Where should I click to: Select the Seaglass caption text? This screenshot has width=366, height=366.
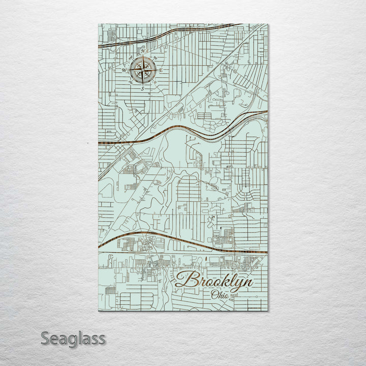coord(73,338)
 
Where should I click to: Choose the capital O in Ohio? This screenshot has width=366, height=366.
coord(214,294)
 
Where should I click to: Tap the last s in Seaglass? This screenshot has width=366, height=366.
coord(102,339)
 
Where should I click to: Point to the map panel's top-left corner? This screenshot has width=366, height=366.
coord(98,24)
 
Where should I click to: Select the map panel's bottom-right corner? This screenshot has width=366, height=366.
coord(268,310)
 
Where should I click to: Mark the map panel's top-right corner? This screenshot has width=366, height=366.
coord(268,24)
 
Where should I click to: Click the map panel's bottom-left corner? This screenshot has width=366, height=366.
coord(98,310)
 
